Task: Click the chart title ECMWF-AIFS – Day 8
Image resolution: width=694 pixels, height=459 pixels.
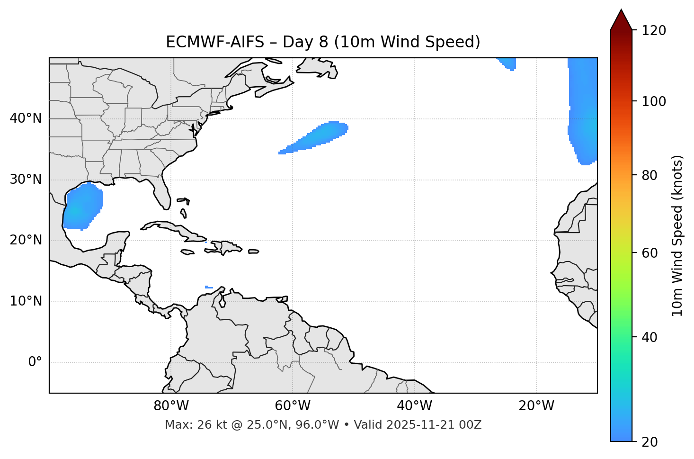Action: pos(323,42)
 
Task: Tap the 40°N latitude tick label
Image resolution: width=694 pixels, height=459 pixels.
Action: pos(26,118)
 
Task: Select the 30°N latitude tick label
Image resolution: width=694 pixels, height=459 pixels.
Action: pos(26,180)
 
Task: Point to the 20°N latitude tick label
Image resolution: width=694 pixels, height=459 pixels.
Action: pos(26,241)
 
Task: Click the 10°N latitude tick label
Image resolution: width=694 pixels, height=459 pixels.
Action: pos(26,301)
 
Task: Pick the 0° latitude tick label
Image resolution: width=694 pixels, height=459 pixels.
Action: pos(35,362)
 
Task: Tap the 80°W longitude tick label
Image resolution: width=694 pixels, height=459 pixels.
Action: pos(171,406)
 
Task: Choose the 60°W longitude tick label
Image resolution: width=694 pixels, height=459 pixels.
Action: pos(293,406)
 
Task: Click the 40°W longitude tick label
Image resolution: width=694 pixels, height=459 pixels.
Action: pos(414,406)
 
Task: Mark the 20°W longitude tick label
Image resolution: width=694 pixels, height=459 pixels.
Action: pos(536,406)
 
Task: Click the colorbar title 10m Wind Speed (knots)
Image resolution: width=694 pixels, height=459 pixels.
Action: pos(677,235)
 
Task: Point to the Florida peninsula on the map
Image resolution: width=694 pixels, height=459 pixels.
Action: pos(161,192)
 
